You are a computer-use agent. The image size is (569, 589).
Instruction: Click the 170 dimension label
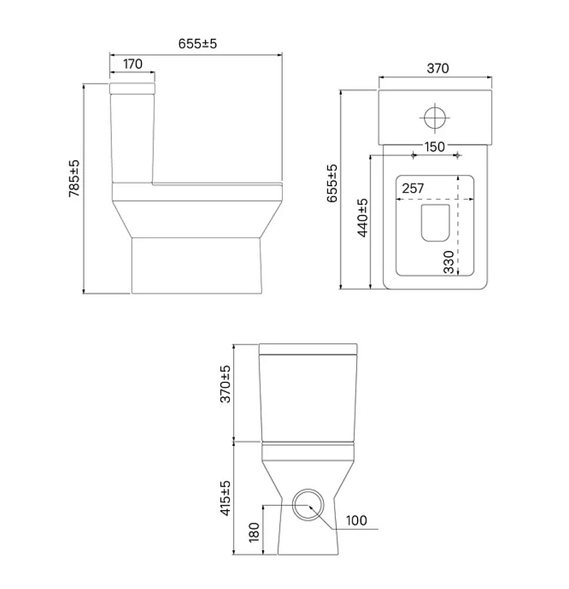tap(133, 64)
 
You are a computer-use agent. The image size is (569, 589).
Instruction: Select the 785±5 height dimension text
tap(74, 178)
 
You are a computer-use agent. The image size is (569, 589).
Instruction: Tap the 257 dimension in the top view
tap(413, 188)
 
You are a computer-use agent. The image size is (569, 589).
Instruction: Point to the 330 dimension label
tap(448, 262)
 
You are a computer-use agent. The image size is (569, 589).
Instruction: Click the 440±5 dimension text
tap(362, 218)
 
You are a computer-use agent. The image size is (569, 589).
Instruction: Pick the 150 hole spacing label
tap(435, 147)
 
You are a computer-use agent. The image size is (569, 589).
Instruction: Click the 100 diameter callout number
tap(356, 520)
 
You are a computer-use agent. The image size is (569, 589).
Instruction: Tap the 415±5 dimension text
tap(225, 498)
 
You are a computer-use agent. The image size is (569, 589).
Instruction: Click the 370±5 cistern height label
tap(225, 384)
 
